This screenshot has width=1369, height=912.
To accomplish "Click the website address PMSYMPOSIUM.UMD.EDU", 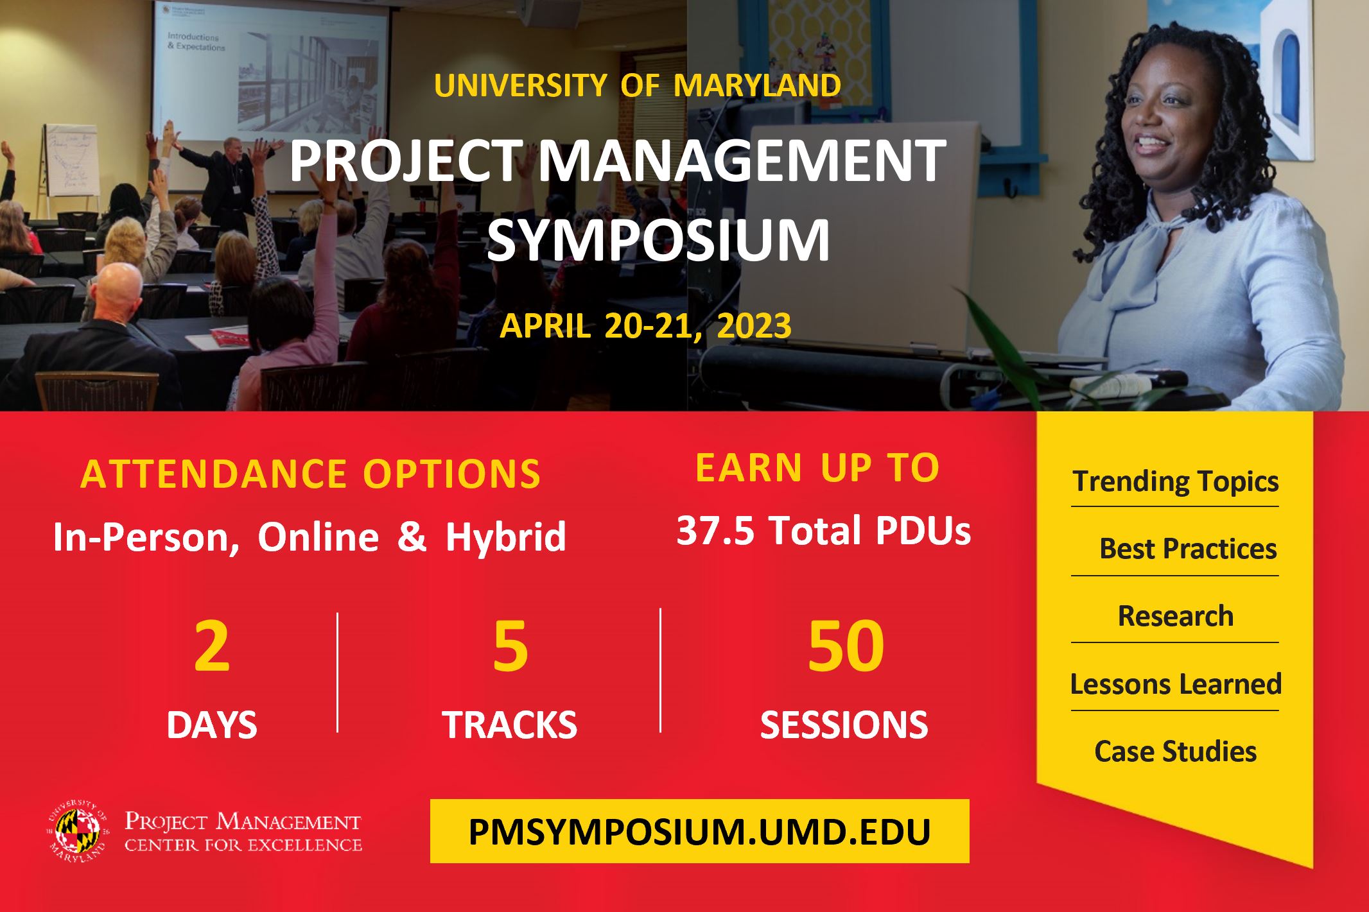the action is pyautogui.click(x=699, y=832).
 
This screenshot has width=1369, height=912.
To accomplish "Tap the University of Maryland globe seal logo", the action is pyautogui.click(x=76, y=830).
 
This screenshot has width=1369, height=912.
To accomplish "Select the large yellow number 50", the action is pyautogui.click(x=846, y=646).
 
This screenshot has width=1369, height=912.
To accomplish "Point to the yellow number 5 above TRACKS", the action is pyautogui.click(x=510, y=646).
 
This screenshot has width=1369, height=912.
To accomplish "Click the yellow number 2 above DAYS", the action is pyautogui.click(x=212, y=646).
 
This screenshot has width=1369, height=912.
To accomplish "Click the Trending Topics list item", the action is pyautogui.click(x=1176, y=481).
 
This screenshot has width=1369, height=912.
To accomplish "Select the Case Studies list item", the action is pyautogui.click(x=1176, y=751).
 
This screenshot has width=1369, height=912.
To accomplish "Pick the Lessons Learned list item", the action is pyautogui.click(x=1176, y=684).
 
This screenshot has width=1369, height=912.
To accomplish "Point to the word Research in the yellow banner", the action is pyautogui.click(x=1176, y=615).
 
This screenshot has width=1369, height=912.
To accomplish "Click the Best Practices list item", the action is pyautogui.click(x=1188, y=548).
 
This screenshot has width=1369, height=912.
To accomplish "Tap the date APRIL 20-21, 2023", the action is pyautogui.click(x=645, y=325).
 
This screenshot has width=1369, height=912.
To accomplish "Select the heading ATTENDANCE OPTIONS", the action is pyautogui.click(x=311, y=474).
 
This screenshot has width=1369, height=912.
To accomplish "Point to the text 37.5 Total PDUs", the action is pyautogui.click(x=824, y=531).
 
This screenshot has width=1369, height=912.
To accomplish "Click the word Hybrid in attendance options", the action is pyautogui.click(x=506, y=537).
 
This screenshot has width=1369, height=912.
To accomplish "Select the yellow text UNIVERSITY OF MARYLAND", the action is pyautogui.click(x=638, y=85).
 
